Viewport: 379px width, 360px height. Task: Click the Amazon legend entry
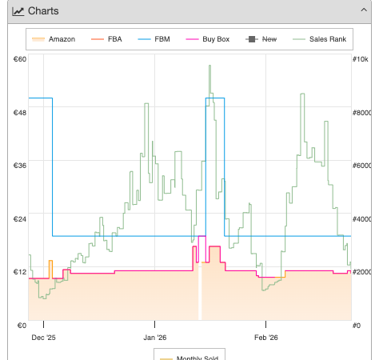54,39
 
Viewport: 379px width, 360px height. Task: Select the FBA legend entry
106,39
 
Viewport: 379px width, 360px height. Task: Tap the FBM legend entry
154,39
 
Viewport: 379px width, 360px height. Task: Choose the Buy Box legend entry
208,39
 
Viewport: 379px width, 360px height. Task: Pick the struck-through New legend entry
261,39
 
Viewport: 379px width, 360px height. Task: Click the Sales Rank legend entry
320,39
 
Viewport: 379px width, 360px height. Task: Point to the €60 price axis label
20,59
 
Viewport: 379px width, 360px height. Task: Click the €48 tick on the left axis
20,113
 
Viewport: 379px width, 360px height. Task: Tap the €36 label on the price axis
20,166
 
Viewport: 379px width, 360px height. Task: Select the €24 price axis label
20,219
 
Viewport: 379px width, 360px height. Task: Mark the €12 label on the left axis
20,272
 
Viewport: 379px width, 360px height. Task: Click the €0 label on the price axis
22,326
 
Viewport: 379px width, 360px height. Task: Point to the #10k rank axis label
361,59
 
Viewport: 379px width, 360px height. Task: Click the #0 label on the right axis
357,326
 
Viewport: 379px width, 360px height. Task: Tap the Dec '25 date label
43,338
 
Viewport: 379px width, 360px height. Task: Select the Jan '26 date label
155,338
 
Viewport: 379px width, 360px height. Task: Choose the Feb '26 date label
266,338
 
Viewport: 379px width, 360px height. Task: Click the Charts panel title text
43,11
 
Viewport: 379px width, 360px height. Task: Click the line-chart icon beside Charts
18,11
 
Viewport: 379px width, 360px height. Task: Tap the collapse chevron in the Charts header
364,10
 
